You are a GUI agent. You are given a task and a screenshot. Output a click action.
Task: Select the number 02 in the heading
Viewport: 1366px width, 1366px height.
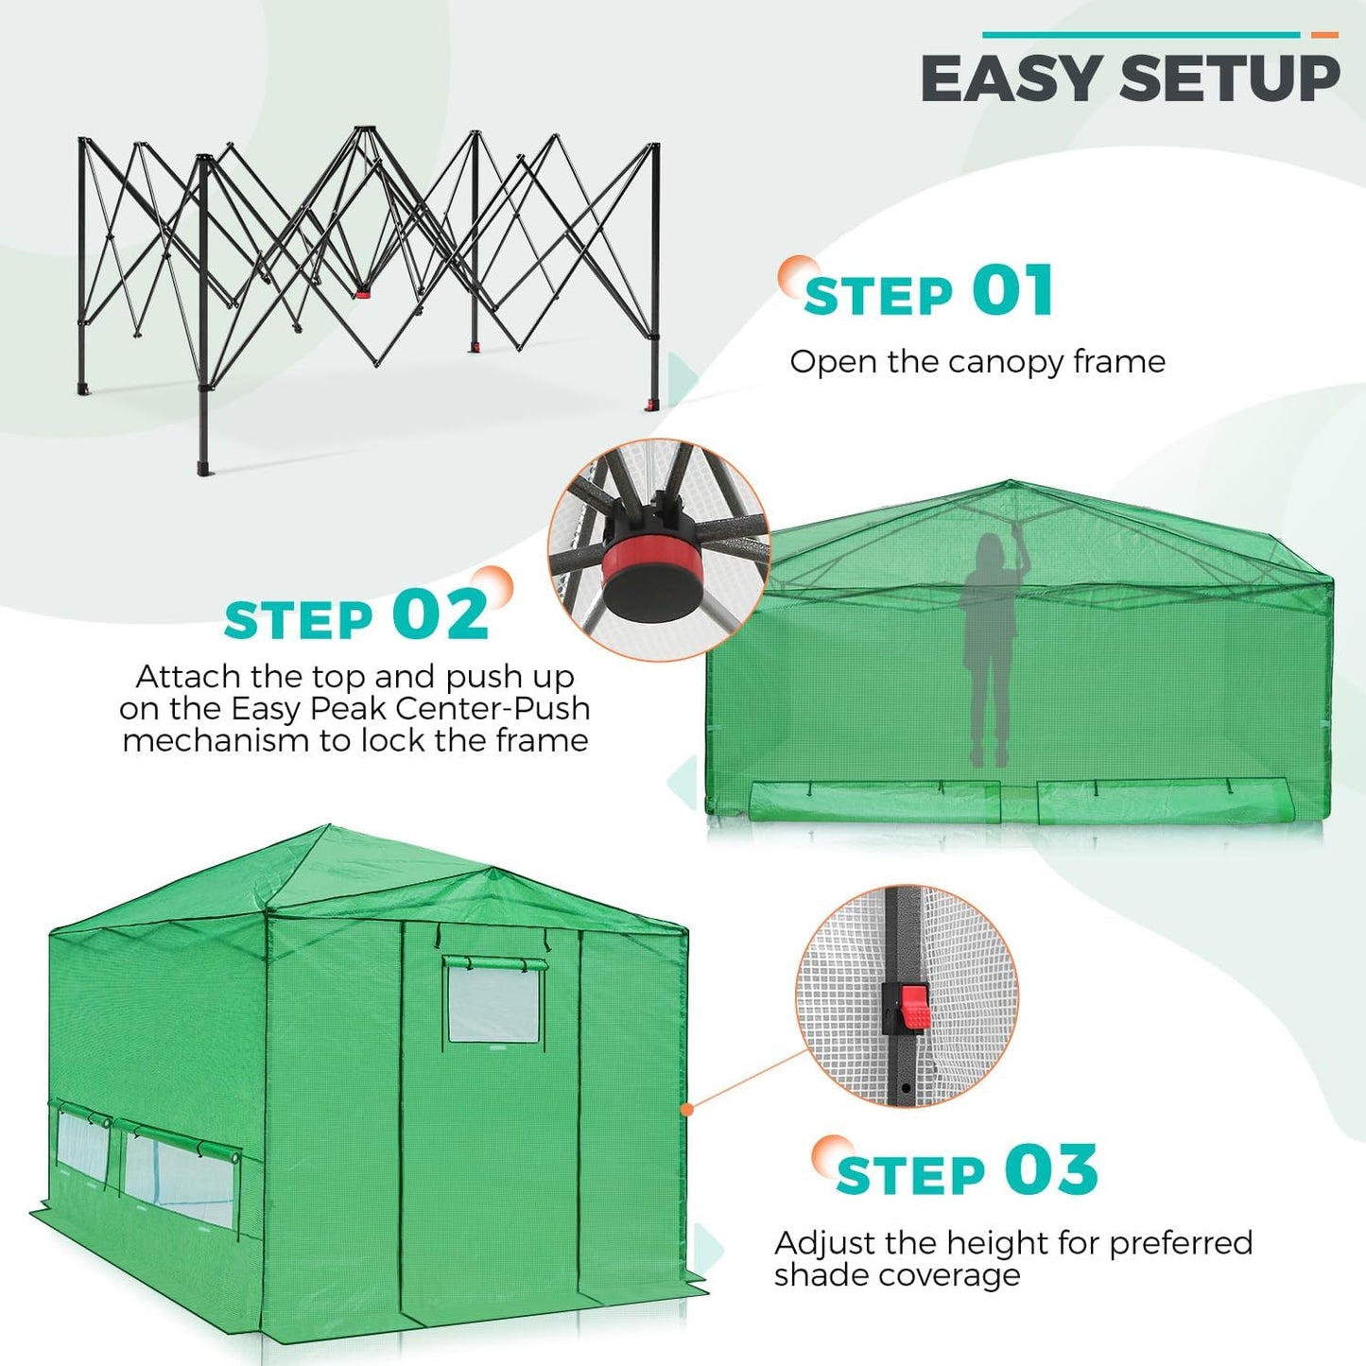pos(441,615)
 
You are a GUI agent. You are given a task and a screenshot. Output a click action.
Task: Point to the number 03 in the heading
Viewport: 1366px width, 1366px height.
pos(1050,1170)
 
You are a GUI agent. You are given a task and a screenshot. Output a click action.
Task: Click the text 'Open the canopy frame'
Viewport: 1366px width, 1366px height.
pos(977,361)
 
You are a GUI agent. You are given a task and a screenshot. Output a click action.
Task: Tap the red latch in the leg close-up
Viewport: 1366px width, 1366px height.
pos(909,1008)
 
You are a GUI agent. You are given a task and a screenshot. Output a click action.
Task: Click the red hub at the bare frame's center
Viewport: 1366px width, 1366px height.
pos(365,290)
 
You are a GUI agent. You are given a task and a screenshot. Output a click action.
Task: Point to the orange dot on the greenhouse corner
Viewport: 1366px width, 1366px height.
pos(688,1109)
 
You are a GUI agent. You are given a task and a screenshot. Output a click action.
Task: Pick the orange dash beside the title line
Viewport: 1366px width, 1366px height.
pos(1324,35)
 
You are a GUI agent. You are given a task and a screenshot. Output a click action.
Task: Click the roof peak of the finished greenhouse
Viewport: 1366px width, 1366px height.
pos(328,829)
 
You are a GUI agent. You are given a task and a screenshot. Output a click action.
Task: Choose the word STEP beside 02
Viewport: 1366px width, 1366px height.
pos(299,621)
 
